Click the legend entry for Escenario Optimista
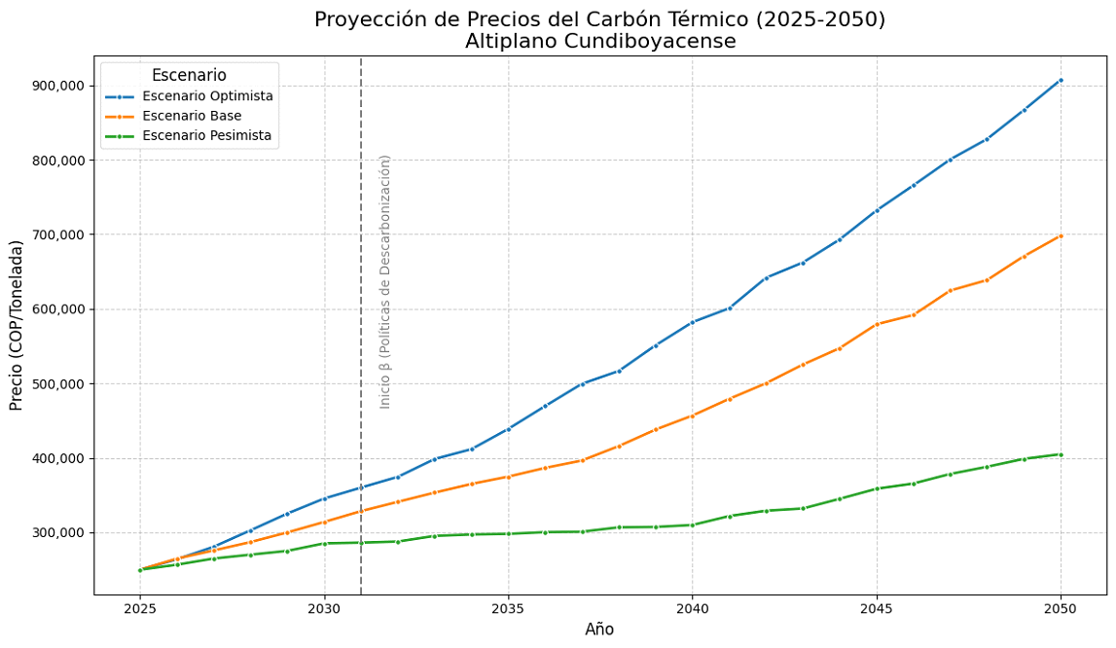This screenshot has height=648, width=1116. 206,96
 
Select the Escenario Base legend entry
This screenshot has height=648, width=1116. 191,116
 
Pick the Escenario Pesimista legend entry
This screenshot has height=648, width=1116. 206,135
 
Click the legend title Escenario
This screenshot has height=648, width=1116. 189,75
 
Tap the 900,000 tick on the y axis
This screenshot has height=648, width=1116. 58,86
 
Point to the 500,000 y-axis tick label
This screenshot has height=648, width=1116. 58,384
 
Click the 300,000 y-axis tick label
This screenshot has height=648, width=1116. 58,533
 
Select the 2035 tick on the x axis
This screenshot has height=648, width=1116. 508,608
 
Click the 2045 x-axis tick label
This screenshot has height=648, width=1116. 877,608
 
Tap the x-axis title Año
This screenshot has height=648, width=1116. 599,630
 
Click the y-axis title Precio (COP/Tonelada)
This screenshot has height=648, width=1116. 17,326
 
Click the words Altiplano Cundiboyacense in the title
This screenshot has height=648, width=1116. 599,42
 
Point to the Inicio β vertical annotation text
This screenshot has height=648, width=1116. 385,281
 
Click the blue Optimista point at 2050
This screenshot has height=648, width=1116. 1061,80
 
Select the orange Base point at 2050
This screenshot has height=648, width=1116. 1061,235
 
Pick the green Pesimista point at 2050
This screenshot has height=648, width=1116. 1061,454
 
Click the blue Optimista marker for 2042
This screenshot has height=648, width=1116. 766,278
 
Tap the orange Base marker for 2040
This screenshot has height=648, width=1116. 692,415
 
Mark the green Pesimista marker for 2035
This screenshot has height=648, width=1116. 508,533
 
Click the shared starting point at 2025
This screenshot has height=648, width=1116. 140,570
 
